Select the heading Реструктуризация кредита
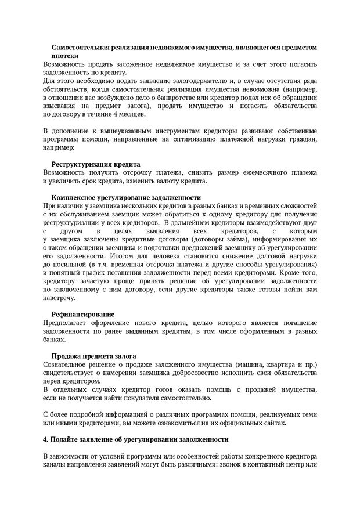95,164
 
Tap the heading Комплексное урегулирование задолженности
122,197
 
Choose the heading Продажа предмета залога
93,356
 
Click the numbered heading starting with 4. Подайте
136,439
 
